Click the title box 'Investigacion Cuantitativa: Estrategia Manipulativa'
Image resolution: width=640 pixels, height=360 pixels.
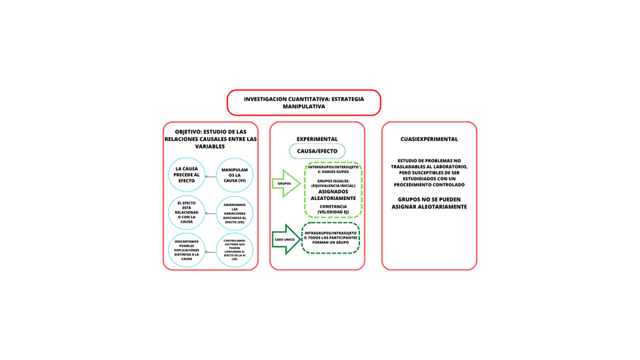point(303,103)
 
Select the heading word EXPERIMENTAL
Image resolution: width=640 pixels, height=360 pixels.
point(317,139)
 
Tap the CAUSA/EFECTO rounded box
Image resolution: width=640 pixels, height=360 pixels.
point(317,151)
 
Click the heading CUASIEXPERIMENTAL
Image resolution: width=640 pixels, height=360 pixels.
point(429,139)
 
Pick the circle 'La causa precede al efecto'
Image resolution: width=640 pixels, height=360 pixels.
point(186,174)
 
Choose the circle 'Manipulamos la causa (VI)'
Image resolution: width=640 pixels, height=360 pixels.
point(235,175)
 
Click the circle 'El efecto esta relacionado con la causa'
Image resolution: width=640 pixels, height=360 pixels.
point(186,212)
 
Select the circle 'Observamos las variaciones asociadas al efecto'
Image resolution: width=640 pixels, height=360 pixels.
point(235,213)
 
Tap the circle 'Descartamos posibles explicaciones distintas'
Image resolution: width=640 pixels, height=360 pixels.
point(186,250)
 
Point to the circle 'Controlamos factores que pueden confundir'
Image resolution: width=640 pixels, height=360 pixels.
point(235,250)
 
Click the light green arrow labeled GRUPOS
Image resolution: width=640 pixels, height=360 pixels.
point(285,183)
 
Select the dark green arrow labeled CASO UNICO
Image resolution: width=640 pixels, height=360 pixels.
point(285,238)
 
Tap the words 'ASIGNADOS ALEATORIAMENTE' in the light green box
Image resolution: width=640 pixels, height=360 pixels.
point(333,195)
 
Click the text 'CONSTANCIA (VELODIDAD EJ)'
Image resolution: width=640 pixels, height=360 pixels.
point(333,209)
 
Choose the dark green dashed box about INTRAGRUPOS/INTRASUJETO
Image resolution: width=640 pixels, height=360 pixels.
point(331,237)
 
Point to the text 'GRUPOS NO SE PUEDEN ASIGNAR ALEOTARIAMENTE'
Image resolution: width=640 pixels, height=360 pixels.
point(429,203)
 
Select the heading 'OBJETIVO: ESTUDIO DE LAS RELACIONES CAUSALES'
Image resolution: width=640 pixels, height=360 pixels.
point(211,139)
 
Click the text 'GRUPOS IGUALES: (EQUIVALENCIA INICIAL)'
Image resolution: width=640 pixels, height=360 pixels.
point(333,183)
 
